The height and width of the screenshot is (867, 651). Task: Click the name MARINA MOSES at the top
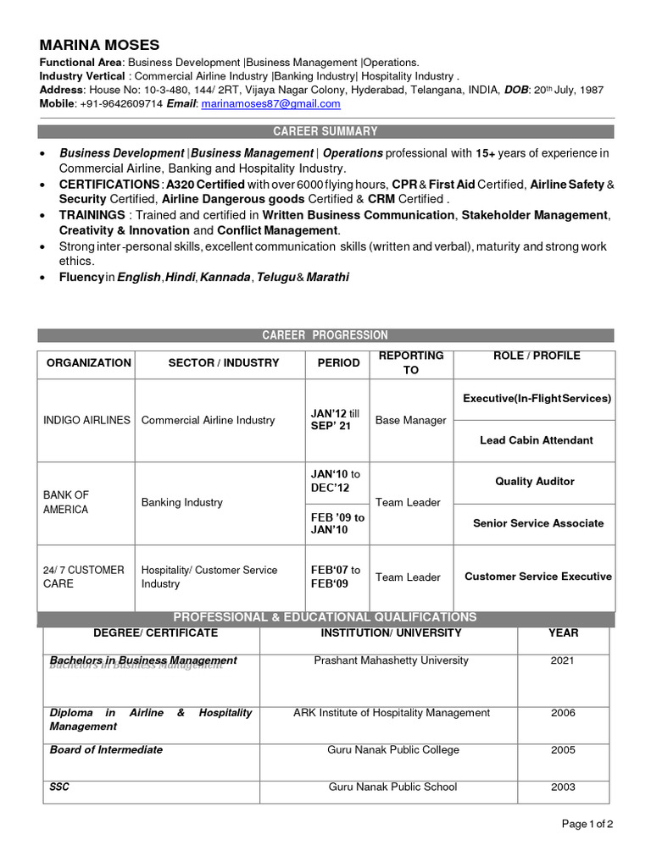99,45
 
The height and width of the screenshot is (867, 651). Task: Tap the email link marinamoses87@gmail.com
270,103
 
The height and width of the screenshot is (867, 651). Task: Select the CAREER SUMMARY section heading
325,131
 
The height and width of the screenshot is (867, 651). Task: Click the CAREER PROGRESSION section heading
325,335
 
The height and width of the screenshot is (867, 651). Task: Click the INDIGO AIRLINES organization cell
86,420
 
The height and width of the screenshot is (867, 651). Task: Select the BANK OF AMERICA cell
66,502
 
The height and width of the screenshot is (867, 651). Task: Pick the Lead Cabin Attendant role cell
536,440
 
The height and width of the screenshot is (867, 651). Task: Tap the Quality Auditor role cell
535,482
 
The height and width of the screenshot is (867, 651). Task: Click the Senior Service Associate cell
538,523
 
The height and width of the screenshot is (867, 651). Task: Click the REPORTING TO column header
411,363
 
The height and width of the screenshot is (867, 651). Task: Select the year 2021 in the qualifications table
563,660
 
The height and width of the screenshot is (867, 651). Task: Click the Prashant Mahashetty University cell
391,660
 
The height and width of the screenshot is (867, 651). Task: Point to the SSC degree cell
59,787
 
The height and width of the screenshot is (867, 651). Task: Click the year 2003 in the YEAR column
563,787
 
